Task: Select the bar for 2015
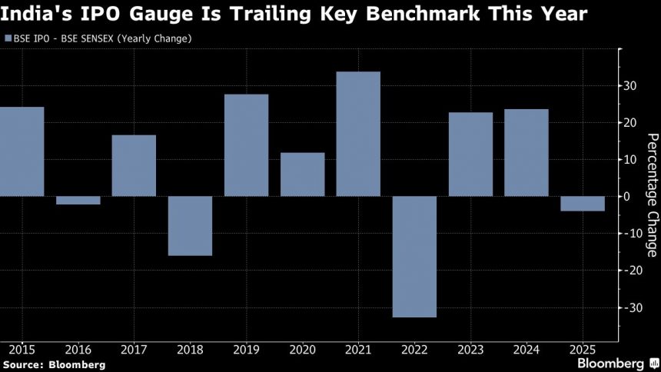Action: point(22,151)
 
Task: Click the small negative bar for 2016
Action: point(78,200)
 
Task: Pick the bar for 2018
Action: point(190,225)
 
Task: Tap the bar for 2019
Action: point(246,145)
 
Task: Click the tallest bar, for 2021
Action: point(358,134)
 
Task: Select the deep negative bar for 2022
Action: point(414,257)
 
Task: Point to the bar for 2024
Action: point(526,153)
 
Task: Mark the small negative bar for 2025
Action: point(582,203)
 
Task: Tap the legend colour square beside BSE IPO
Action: point(8,38)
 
